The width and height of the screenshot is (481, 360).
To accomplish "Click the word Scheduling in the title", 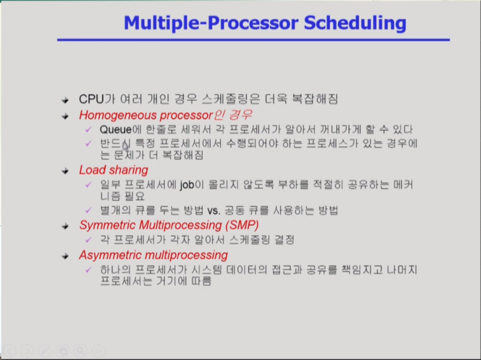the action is [x=355, y=23].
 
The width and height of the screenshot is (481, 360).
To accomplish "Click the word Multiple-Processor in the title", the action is [x=211, y=23].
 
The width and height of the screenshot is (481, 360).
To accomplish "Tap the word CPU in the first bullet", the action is [x=92, y=99].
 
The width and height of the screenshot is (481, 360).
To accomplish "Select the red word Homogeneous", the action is [x=118, y=115].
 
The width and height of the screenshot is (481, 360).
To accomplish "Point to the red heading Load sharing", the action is [x=114, y=170].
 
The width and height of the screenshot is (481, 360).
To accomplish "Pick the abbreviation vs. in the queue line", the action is [x=214, y=211].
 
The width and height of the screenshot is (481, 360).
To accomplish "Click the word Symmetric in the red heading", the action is [x=108, y=226].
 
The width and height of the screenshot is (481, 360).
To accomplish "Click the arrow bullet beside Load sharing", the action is [x=65, y=171].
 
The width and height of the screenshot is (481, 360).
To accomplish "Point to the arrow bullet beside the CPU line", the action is [x=65, y=100].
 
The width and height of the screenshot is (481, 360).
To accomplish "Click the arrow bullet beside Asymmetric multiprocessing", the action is [x=65, y=256].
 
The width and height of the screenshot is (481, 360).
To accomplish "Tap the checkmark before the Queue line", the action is [x=89, y=129].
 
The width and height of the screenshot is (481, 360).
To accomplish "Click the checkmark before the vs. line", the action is [x=89, y=210].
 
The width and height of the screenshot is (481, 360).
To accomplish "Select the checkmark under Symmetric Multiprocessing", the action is [x=89, y=240].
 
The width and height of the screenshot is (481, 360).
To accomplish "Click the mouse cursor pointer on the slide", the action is [x=125, y=147].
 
